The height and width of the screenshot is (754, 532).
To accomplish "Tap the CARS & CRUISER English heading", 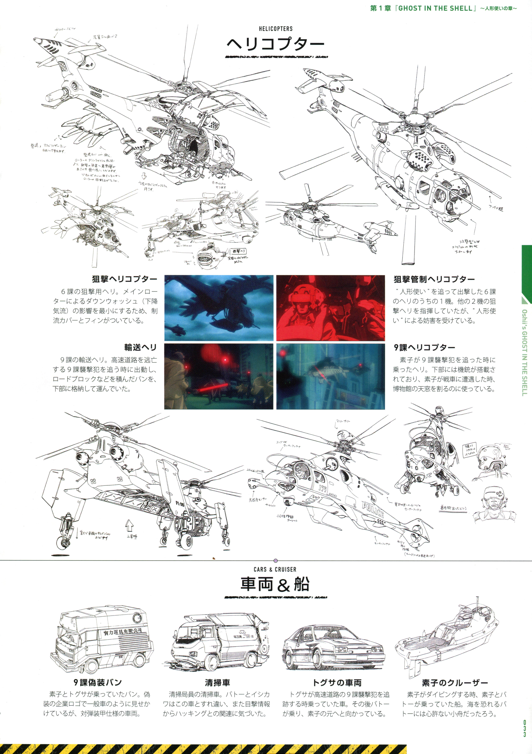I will pos(275,569).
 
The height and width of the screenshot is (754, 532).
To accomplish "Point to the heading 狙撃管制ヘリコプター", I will pos(434,279).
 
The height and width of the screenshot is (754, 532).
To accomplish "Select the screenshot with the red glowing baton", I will pos(219,376).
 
